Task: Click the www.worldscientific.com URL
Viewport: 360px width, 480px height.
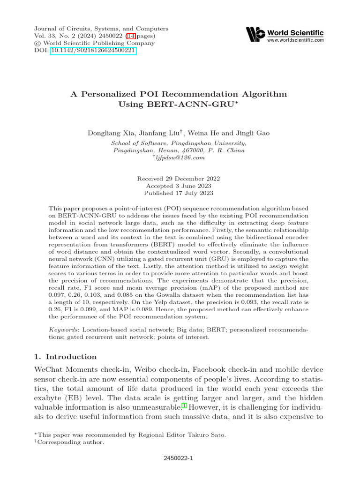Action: click(295, 41)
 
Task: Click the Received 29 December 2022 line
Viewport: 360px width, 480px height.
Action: click(178, 179)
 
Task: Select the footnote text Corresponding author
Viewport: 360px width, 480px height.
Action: click(71, 442)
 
